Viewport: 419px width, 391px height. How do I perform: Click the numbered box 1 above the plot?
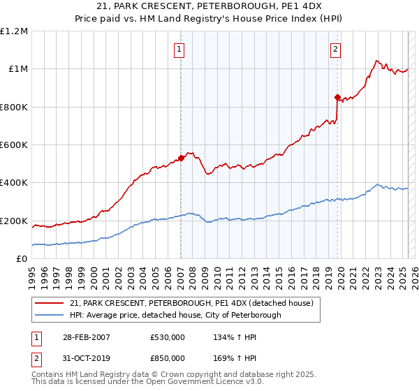[x=180, y=49]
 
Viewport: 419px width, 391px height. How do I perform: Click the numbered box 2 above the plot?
[x=336, y=49]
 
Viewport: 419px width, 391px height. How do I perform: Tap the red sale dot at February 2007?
[x=181, y=158]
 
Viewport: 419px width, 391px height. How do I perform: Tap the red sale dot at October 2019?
[x=337, y=97]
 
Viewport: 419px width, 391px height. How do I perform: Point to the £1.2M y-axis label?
[x=14, y=31]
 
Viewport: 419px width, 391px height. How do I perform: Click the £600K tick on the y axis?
[x=14, y=145]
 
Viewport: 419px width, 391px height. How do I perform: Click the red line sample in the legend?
[x=50, y=303]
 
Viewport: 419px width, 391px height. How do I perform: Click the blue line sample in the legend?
[x=50, y=315]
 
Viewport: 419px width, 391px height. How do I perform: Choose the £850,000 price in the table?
[x=168, y=357]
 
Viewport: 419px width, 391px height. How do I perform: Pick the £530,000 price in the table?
[x=168, y=337]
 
